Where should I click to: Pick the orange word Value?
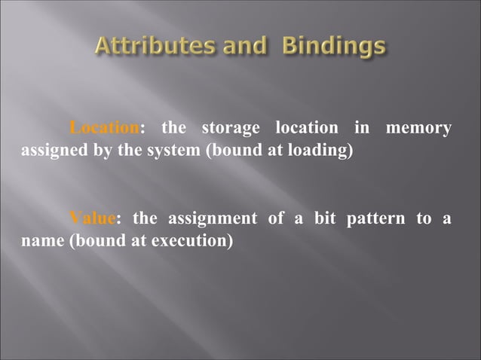click(x=93, y=219)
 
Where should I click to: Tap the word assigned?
click(x=47, y=149)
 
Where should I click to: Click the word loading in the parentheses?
click(x=320, y=149)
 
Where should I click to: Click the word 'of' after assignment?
click(x=274, y=219)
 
